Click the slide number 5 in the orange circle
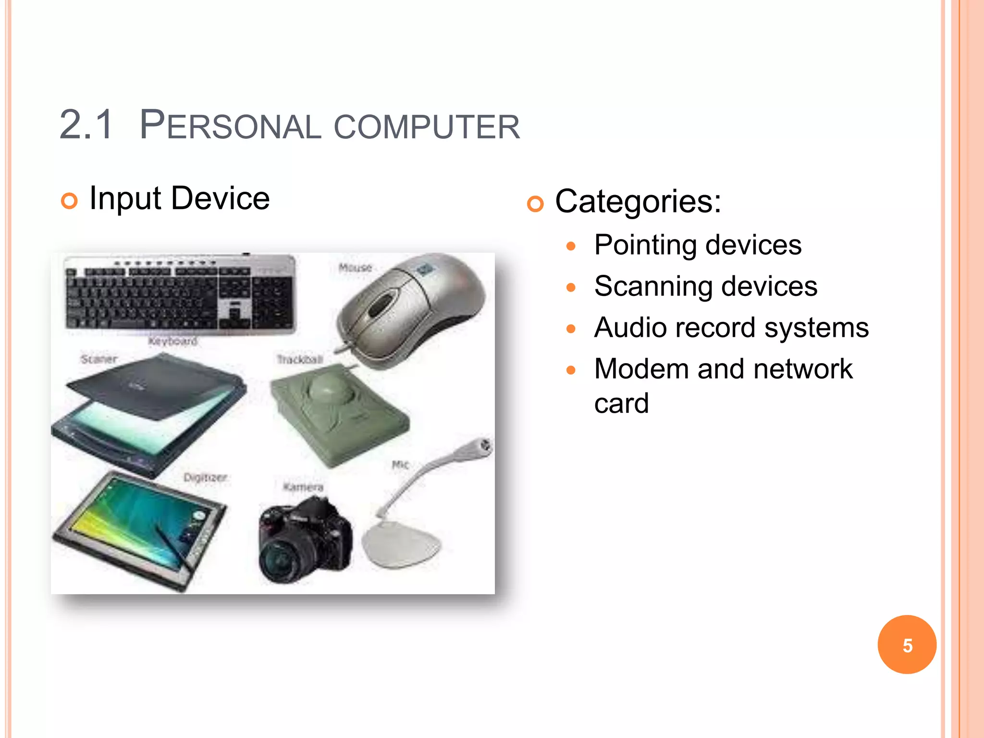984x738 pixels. (907, 645)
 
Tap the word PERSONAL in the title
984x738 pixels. (230, 126)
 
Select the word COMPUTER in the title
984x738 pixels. (427, 127)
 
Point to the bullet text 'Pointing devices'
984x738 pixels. (697, 245)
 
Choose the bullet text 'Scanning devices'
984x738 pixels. (705, 286)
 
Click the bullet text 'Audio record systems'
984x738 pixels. (731, 328)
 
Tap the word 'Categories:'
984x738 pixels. (638, 201)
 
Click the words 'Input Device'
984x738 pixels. (179, 198)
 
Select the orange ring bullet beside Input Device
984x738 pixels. (69, 201)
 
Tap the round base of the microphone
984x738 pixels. (401, 545)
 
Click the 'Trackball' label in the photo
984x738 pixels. (300, 359)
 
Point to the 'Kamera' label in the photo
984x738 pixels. (303, 487)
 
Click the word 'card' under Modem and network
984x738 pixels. (621, 404)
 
